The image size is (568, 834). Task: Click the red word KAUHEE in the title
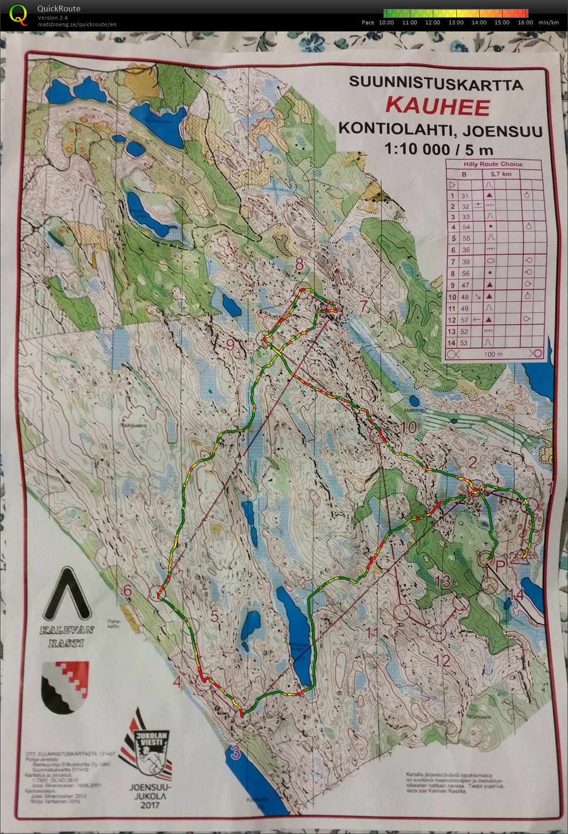437,106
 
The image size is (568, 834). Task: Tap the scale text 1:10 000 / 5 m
439,150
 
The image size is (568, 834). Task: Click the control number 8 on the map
300,264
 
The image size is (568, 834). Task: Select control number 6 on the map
127,591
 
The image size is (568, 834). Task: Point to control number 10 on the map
409,427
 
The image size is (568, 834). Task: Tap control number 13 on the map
443,581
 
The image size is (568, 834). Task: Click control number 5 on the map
214,616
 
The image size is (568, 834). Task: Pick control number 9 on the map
230,344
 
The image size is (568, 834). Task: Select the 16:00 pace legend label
525,22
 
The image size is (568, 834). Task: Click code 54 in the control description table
466,227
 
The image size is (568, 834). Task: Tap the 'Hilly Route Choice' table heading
493,164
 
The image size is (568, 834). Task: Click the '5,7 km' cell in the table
501,174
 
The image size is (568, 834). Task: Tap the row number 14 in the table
451,342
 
